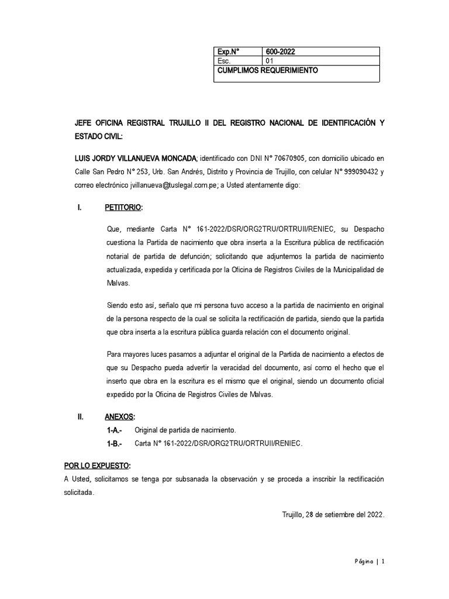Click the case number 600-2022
coord(280,51)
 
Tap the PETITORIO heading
coord(123,208)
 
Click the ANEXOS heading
coord(120,417)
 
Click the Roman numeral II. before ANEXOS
coord(81,417)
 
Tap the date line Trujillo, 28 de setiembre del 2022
coord(332,515)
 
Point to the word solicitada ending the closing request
coord(78,493)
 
